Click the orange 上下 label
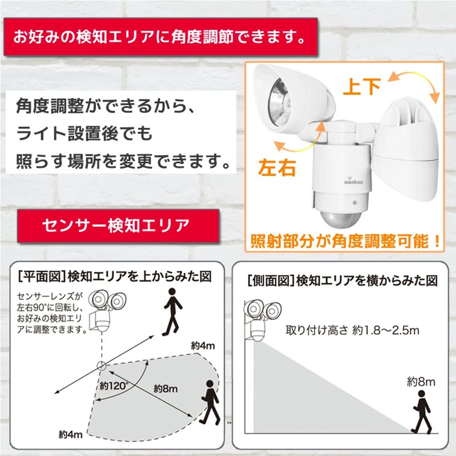tap(362, 87)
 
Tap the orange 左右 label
tap(277, 168)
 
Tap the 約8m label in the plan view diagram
tap(165, 389)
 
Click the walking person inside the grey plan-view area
tap(211, 401)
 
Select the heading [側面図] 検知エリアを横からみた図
tap(342, 281)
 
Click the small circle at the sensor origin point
tap(101, 365)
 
